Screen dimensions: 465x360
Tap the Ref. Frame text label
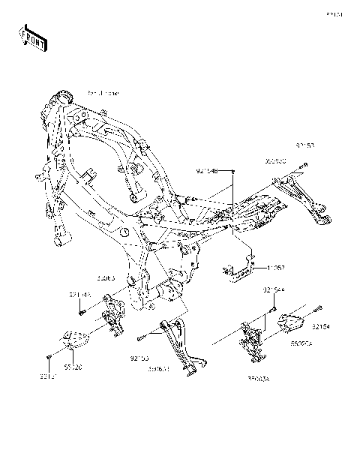[x=103, y=93]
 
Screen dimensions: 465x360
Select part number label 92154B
[x=207, y=172]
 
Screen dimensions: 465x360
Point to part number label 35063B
[x=158, y=369]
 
